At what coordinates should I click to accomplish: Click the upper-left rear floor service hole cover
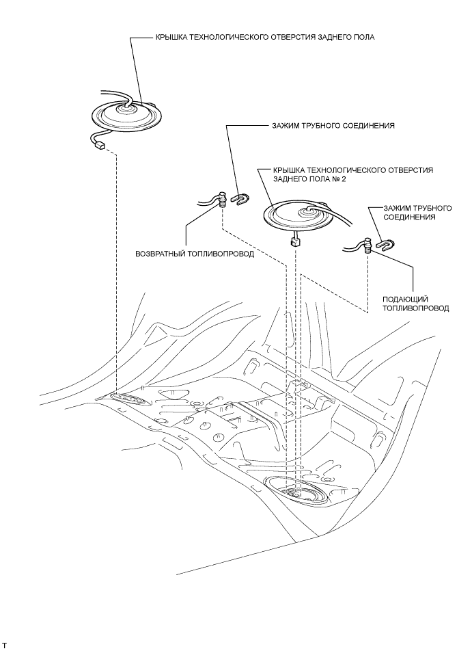127,114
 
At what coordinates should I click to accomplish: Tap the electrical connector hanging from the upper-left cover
100,145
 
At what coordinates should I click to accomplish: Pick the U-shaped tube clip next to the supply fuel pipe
386,245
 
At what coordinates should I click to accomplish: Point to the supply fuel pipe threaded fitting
366,245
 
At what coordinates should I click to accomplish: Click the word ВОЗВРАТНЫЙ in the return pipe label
159,254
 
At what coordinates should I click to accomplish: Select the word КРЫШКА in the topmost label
170,38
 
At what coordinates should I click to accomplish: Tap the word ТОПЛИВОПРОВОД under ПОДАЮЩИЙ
416,308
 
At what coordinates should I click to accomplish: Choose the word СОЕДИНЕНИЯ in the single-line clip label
368,125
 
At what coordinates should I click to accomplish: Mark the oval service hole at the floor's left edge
128,399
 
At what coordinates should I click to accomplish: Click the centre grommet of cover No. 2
309,212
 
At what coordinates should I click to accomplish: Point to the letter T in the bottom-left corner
5,646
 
